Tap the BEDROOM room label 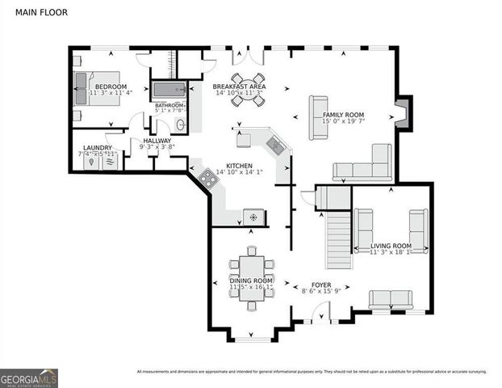pos(111,86)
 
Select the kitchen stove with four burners pos(207,179)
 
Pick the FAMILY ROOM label pos(344,116)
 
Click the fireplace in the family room pos(403,113)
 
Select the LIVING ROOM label pos(391,246)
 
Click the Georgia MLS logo pos(28,377)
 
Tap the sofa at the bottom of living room pos(391,299)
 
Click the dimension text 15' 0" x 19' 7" pos(343,123)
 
